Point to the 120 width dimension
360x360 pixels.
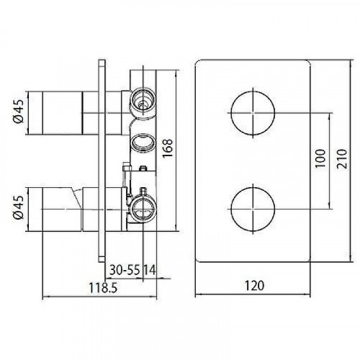point(253,284)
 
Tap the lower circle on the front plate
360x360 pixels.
point(251,207)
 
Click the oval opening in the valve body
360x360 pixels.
point(142,140)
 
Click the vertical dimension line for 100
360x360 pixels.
point(329,158)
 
